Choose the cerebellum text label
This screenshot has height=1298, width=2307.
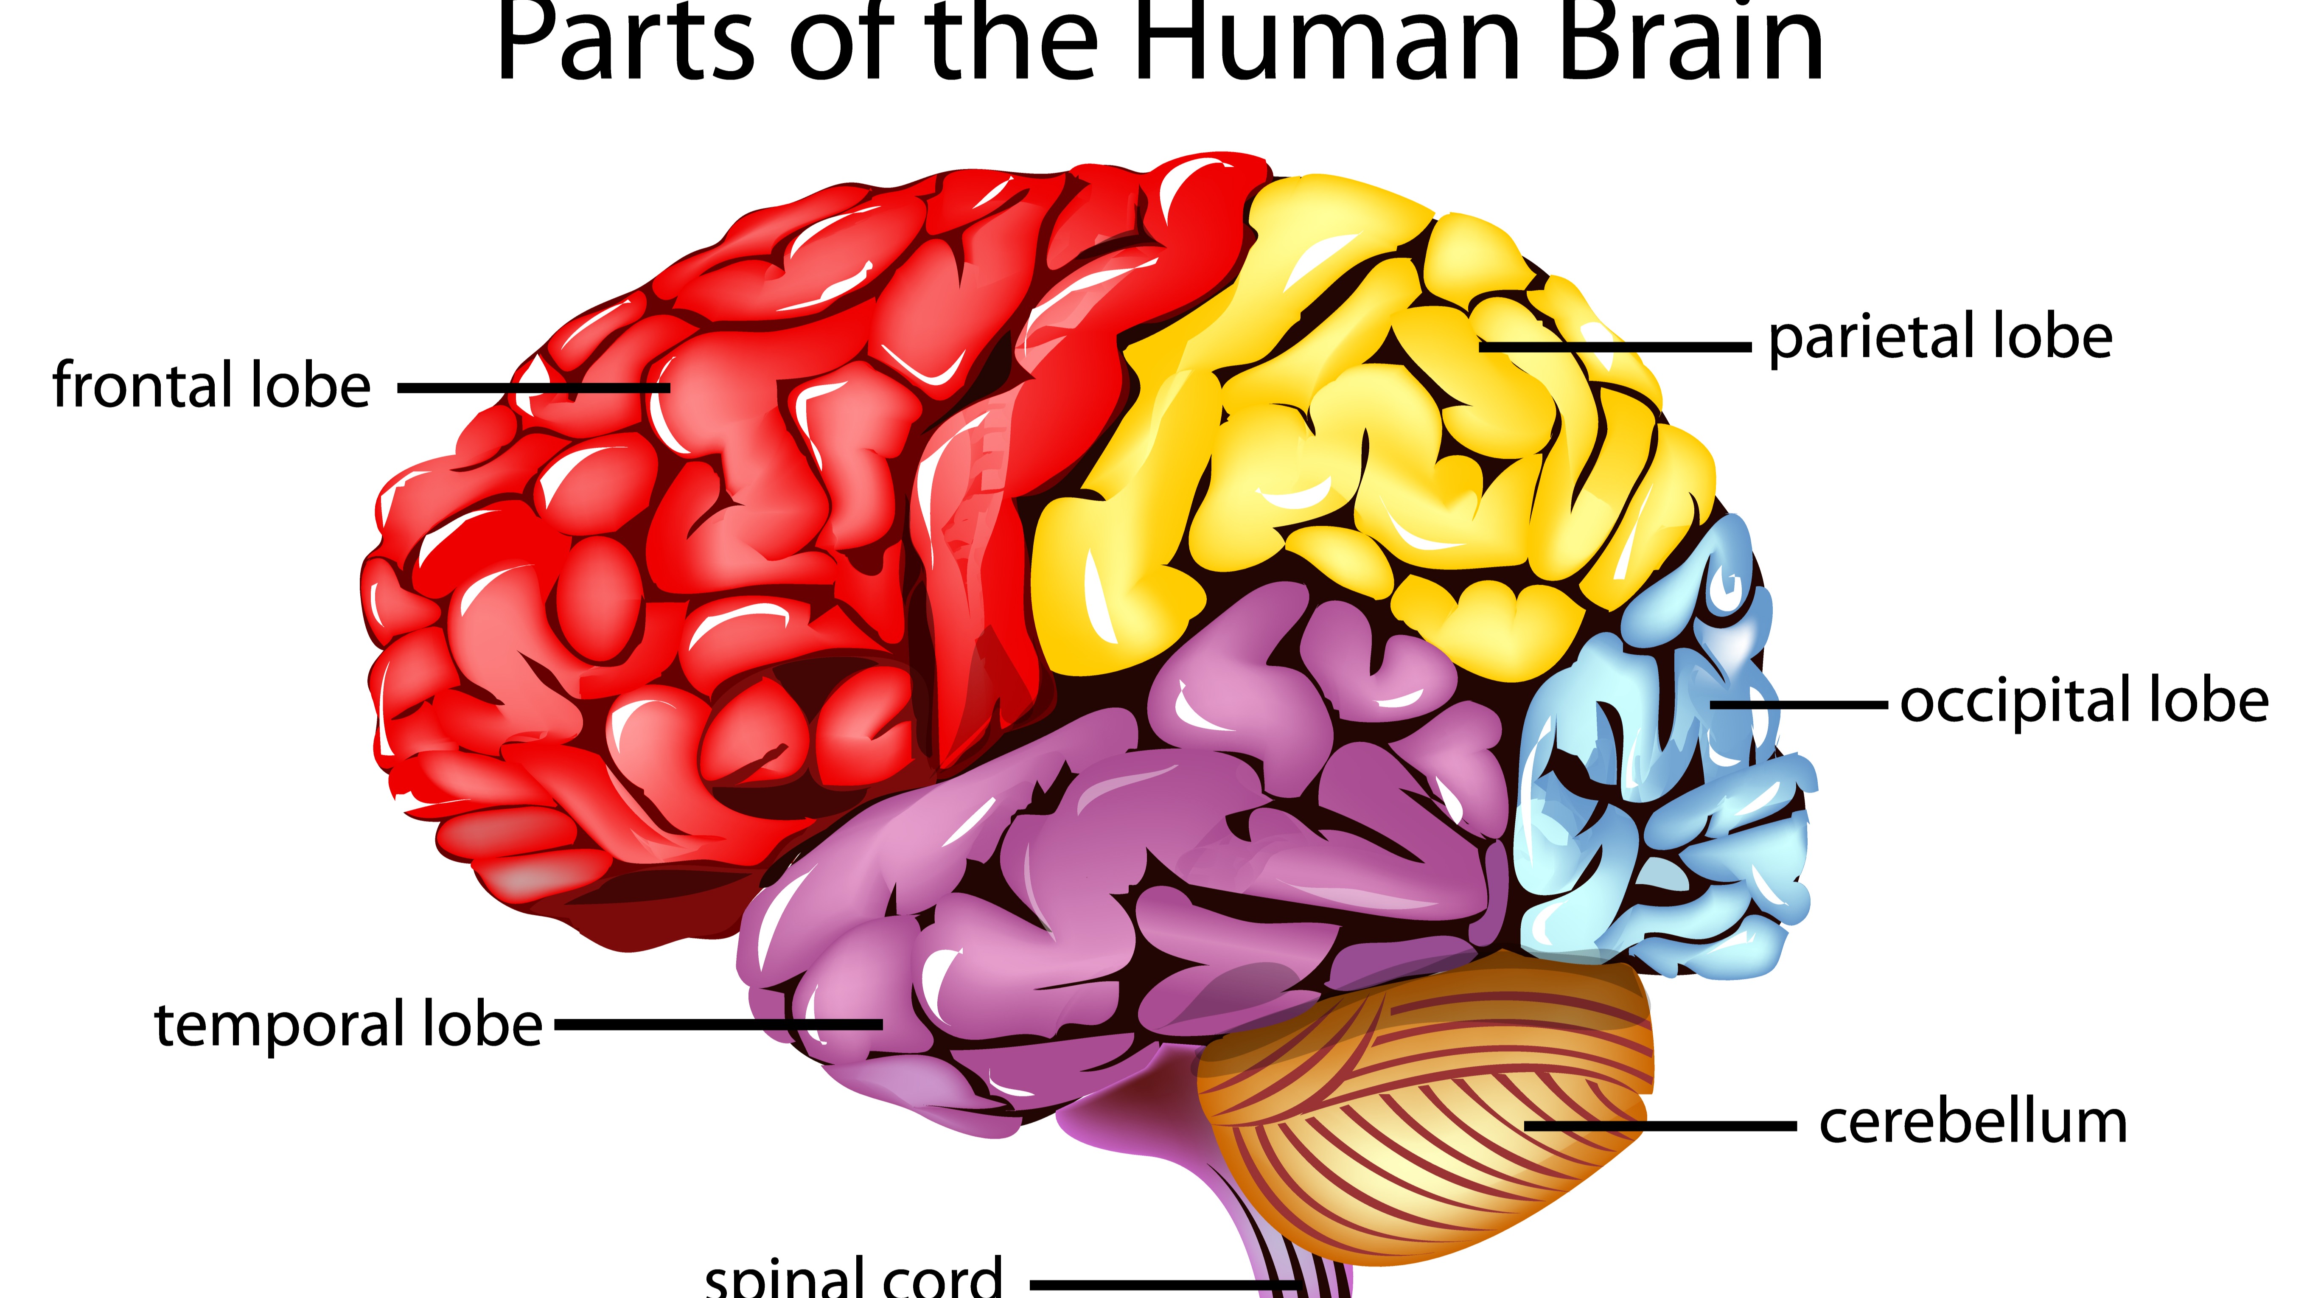click(1973, 1121)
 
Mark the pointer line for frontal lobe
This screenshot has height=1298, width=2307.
click(534, 388)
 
